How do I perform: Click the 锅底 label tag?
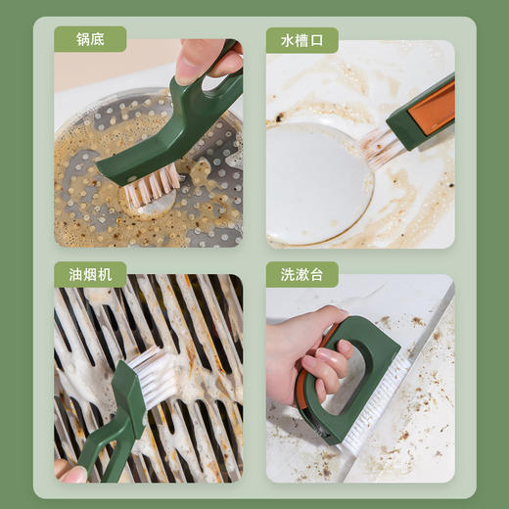point(91,40)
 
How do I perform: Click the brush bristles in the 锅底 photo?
point(152,182)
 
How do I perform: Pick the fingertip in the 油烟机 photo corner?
point(70,474)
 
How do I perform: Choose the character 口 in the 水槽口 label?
point(317,40)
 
